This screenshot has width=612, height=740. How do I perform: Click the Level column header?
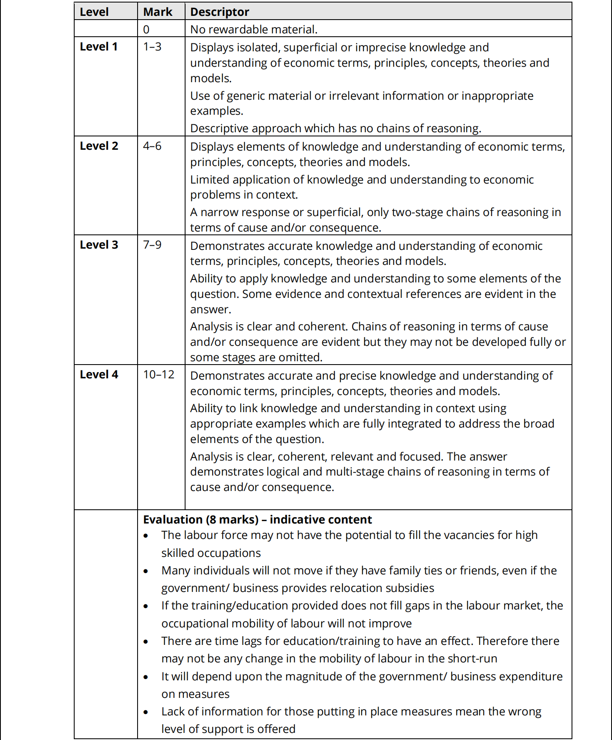[x=94, y=12]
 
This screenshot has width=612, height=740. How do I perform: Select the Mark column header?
[x=158, y=12]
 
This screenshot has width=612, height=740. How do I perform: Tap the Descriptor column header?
[x=220, y=12]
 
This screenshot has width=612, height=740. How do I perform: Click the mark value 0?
[x=146, y=29]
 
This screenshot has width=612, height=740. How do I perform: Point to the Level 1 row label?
[x=99, y=47]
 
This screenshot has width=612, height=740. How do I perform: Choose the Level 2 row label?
[x=99, y=146]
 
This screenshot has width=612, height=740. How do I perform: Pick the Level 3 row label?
[x=99, y=245]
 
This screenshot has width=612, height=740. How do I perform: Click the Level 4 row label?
[x=99, y=375]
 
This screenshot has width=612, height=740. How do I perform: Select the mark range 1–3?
[x=152, y=47]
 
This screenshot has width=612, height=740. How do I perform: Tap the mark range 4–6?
[x=152, y=146]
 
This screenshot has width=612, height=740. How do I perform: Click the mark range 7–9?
[x=152, y=245]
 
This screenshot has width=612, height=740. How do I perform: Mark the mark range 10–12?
[x=159, y=375]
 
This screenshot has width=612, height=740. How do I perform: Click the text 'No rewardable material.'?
[x=254, y=29]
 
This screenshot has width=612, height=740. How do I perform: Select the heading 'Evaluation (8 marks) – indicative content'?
[x=257, y=519]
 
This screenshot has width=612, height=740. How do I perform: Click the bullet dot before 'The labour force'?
[x=145, y=536]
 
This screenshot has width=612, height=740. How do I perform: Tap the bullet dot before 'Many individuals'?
[x=145, y=571]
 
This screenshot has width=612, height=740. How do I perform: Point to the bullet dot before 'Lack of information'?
[x=145, y=712]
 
